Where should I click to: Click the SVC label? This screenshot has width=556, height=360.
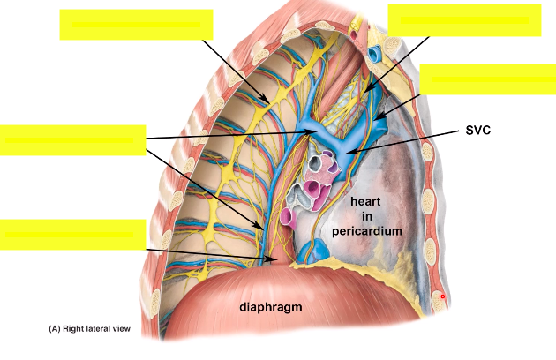coord(477,130)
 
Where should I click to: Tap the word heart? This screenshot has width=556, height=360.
coord(365,201)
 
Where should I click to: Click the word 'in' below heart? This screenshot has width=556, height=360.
coord(366,216)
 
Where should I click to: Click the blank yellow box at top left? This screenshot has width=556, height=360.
coord(136,25)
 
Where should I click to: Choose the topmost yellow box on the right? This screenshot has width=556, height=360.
coord(464,20)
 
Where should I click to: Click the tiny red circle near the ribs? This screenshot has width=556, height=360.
coord(443,297)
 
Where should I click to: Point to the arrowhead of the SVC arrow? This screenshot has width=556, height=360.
coord(345,154)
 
